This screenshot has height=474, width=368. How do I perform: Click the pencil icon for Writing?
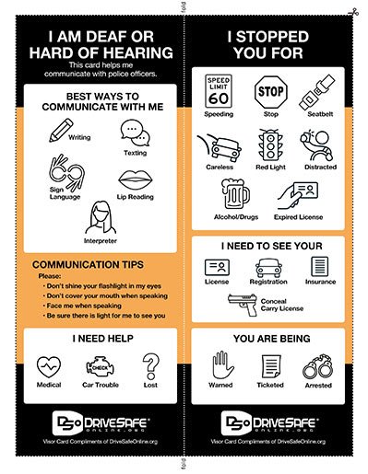pyautogui.click(x=61, y=130)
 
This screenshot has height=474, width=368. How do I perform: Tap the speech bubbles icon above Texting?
pyautogui.click(x=135, y=133)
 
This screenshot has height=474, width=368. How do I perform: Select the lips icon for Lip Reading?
pyautogui.click(x=136, y=179)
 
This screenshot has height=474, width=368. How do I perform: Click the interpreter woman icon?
pyautogui.click(x=101, y=217)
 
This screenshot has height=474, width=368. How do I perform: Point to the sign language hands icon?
pyautogui.click(x=66, y=172)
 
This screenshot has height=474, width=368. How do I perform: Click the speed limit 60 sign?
pyautogui.click(x=219, y=91)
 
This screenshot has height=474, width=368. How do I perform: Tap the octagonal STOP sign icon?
pyautogui.click(x=271, y=92)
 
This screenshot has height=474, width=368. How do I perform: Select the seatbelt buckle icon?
pyautogui.click(x=317, y=92)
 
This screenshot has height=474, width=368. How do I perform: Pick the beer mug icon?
pyautogui.click(x=235, y=194)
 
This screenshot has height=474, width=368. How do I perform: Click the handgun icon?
pyautogui.click(x=243, y=305)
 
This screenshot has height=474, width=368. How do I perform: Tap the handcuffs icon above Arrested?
pyautogui.click(x=318, y=366)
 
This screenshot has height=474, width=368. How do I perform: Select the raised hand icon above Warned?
pyautogui.click(x=222, y=365)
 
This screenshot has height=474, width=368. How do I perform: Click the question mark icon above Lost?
pyautogui.click(x=150, y=366)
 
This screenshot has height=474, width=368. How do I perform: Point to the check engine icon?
pyautogui.click(x=100, y=366)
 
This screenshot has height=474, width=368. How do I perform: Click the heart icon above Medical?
pyautogui.click(x=49, y=366)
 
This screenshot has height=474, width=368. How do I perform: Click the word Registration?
pyautogui.click(x=268, y=282)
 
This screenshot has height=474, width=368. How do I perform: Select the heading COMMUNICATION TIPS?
pyautogui.click(x=88, y=265)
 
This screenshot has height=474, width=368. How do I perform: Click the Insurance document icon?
pyautogui.click(x=320, y=267)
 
